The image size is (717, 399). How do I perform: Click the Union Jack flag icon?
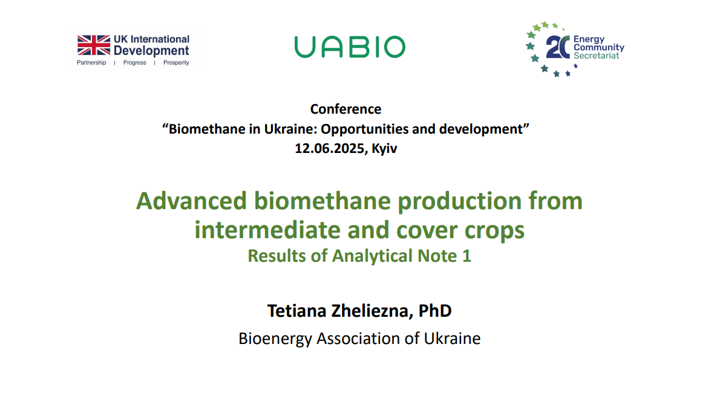[x=94, y=45]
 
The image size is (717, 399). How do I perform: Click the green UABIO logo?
[x=350, y=47]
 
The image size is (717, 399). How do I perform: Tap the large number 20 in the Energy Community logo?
[x=558, y=47]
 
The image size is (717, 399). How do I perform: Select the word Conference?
[x=345, y=109]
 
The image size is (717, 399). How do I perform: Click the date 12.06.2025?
[x=330, y=149]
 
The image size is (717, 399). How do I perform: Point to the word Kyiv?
[x=384, y=149]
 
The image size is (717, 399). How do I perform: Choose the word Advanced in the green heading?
[x=192, y=201]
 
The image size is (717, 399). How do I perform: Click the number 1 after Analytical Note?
[x=467, y=256]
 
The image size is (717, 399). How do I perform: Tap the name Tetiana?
[x=296, y=311]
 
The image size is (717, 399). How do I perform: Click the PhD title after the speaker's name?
[x=435, y=311]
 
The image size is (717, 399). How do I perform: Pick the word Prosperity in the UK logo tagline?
[x=176, y=63]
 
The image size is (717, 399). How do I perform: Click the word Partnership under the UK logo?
[x=91, y=63]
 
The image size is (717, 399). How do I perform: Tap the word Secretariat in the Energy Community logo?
[x=596, y=56]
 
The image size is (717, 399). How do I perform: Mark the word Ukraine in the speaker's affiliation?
[x=452, y=339]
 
